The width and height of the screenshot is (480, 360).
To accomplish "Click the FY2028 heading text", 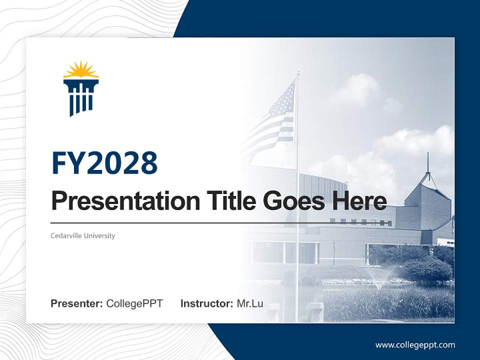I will pos(104,163).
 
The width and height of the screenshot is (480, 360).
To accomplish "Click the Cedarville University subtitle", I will pos(82,235).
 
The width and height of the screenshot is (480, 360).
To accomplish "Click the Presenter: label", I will pos(76,303).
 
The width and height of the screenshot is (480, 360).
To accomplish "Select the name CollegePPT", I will pos(134,303).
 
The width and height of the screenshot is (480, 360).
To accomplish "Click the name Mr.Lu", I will pos(250,303).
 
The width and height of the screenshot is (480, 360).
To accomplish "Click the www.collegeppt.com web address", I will pos(415,345).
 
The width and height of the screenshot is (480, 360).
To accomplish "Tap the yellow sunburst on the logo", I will pos(81,70).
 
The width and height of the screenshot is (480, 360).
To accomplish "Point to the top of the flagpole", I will pos(298,72).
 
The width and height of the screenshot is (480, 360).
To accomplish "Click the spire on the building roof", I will pos(428,162).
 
